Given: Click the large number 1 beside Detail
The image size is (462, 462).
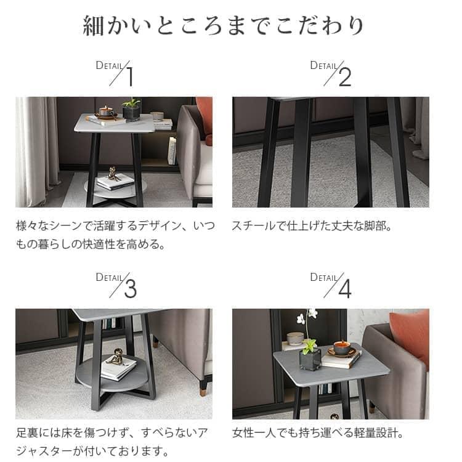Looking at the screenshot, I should [x=129, y=76].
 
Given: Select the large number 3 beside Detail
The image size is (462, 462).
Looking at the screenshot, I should [x=130, y=289].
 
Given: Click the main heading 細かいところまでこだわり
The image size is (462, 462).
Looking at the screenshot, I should [x=224, y=26].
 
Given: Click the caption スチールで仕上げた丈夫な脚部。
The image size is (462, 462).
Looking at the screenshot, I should [x=312, y=226].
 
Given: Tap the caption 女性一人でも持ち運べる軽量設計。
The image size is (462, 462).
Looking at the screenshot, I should [x=318, y=433].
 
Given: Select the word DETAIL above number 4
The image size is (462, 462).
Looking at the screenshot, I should [x=325, y=277].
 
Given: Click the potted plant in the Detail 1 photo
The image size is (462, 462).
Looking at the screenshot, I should [x=131, y=110].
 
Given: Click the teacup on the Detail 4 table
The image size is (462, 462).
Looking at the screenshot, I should [x=342, y=347].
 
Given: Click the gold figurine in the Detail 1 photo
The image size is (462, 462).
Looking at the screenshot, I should [x=111, y=173].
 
